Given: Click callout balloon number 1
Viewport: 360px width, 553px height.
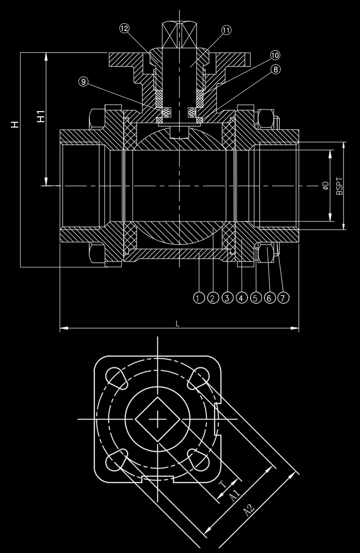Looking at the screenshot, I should [198, 298].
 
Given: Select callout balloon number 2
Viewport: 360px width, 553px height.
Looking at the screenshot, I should [212, 298].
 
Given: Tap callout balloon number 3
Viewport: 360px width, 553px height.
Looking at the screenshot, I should [226, 298].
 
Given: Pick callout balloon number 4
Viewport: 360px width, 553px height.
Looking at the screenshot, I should [241, 298].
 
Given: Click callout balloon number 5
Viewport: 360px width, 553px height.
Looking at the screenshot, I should [255, 298].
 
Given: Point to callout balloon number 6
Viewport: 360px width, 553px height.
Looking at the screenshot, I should [269, 298].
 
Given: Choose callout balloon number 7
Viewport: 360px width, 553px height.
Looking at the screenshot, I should [283, 298].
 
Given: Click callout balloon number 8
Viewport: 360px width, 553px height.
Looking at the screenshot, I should [275, 70].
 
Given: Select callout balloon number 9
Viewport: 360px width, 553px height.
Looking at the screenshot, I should [83, 82].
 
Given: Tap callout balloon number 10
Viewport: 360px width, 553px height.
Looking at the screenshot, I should [275, 55].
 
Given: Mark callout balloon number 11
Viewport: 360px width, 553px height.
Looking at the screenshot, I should [226, 30].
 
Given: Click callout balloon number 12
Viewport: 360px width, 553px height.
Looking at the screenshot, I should [124, 28].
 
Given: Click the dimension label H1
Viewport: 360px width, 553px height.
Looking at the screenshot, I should [41, 116].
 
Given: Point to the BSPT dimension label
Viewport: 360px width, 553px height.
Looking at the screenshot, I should [339, 186].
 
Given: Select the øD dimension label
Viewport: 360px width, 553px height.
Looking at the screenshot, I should [325, 186].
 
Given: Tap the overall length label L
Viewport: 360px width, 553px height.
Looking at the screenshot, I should [178, 323].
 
